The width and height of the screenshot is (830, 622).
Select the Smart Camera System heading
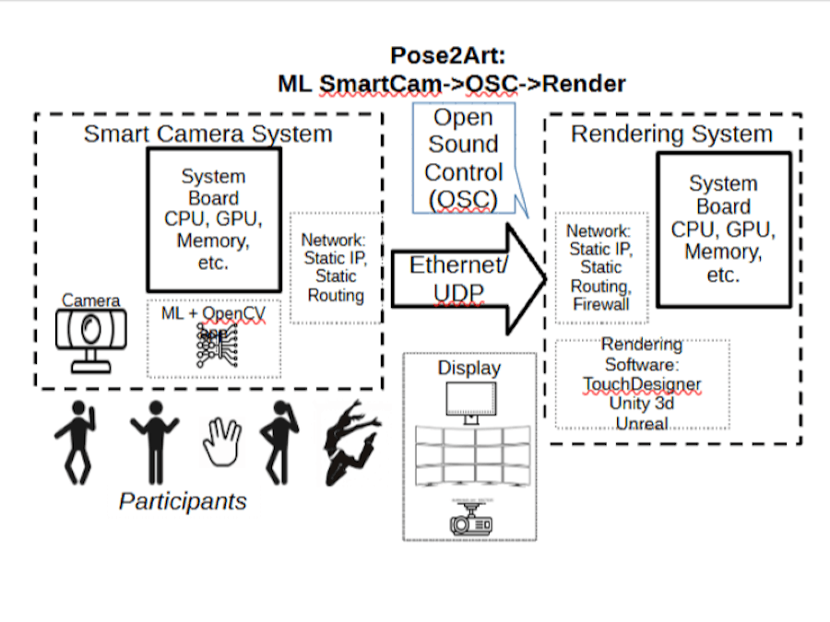tap(207, 134)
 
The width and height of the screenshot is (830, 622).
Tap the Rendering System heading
tap(671, 134)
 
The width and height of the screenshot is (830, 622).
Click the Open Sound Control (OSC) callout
tap(464, 158)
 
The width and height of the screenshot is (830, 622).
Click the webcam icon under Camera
tap(91, 335)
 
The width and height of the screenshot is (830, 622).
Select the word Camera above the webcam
tap(90, 300)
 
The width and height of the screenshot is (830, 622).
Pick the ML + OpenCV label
tap(213, 313)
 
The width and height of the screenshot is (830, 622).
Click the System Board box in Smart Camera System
tap(213, 219)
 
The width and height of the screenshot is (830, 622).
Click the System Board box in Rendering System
tap(723, 229)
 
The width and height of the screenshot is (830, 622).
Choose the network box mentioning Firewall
tap(599, 267)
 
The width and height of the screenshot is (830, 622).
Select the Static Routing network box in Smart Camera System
tap(336, 267)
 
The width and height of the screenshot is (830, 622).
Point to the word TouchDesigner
tap(642, 383)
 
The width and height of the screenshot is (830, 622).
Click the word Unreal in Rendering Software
tap(642, 424)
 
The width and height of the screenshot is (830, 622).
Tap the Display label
tap(468, 368)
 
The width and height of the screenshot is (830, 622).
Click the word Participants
tap(183, 501)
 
